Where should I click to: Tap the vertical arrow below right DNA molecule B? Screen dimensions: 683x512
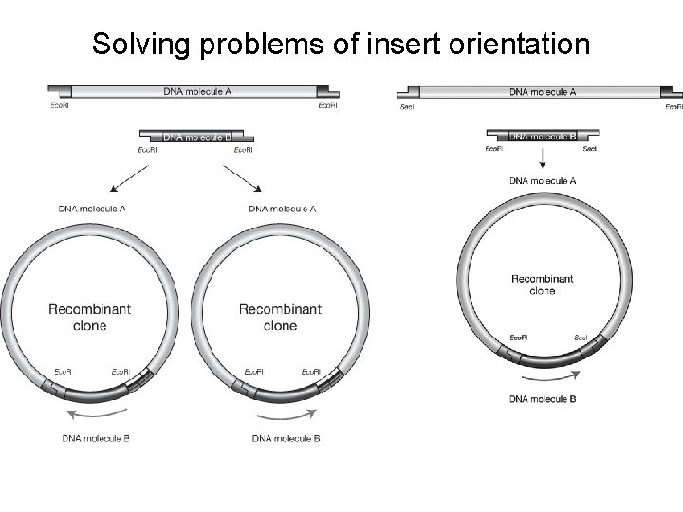point(542,158)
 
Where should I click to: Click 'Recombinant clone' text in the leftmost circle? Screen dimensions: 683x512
point(90,317)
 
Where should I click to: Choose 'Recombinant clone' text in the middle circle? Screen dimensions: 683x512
point(280,317)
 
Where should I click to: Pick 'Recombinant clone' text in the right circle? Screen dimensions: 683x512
point(542,284)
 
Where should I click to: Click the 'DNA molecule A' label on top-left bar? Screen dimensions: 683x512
point(197,91)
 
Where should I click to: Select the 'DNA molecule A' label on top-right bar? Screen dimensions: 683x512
point(542,92)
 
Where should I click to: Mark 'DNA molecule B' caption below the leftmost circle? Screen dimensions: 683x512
point(96,438)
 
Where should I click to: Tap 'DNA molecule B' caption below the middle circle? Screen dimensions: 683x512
point(286,438)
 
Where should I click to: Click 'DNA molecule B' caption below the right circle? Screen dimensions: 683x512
point(542,399)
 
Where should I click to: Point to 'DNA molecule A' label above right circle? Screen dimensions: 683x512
point(542,180)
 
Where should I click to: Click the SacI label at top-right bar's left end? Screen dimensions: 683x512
point(408,107)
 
